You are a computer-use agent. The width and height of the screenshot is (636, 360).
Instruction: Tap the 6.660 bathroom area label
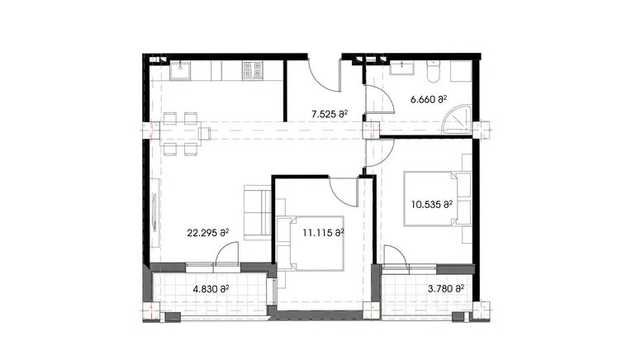click(428, 100)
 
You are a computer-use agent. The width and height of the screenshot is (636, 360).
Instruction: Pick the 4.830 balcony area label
click(210, 289)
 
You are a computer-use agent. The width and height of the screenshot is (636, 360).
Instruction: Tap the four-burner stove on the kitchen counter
click(252, 72)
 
